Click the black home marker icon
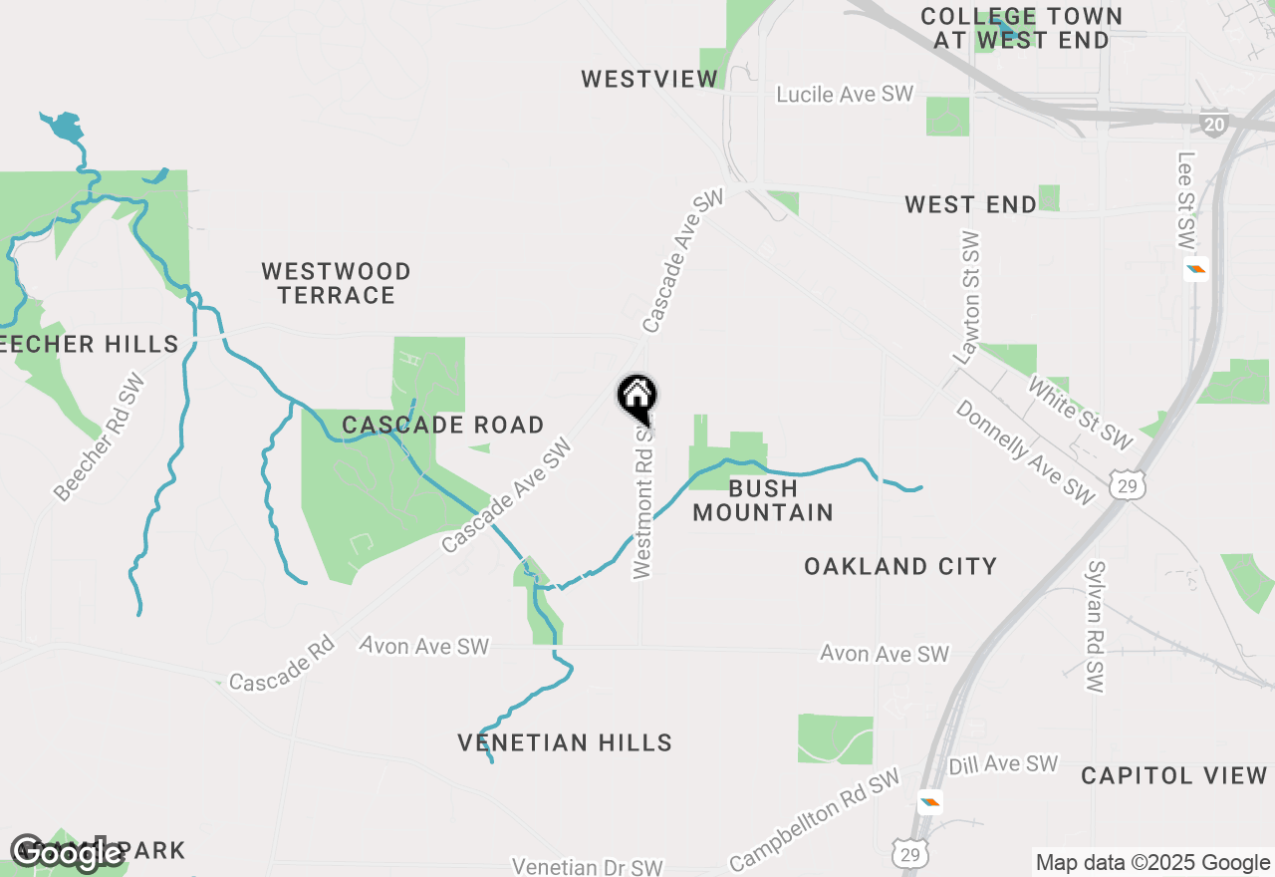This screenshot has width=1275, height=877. pos(637,397)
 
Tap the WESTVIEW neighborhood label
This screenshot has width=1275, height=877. pos(649,79)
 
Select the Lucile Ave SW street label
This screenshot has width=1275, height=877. pos(845,94)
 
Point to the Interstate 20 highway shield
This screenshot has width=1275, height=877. pos(1213,123)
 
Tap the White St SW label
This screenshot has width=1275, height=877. pos(1081,413)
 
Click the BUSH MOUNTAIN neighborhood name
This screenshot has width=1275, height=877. pos(763,500)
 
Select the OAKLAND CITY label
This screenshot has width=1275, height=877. pos(900,566)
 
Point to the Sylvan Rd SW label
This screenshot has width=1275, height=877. pos(1095,627)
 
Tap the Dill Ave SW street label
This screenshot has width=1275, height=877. pos(1003,764)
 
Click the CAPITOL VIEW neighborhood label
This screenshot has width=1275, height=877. pos(1174,775)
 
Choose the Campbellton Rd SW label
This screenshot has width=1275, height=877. pos(815,818)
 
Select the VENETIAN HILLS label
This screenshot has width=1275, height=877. pos(565,742)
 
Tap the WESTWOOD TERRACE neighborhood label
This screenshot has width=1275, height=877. pos(336,283)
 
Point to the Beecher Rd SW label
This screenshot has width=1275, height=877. pos(100,437)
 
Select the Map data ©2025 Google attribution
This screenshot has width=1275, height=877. pos(1152,863)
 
